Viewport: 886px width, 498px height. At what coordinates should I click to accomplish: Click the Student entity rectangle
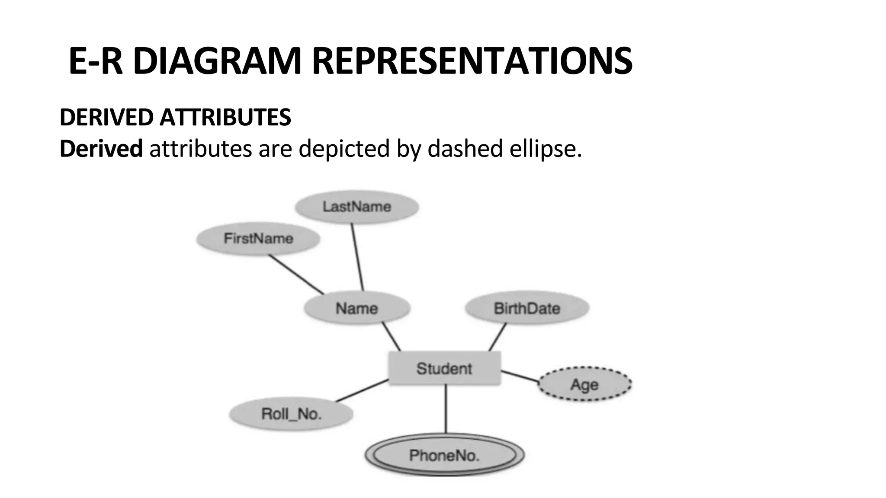click(444, 368)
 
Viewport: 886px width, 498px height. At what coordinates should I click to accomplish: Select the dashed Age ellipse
click(584, 384)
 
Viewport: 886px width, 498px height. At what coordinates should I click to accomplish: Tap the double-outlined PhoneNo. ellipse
click(444, 455)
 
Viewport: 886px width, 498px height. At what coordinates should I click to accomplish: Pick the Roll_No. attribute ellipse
click(291, 414)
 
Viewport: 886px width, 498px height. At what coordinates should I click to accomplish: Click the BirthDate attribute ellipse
click(527, 308)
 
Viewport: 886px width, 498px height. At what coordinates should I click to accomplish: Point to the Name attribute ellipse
click(357, 308)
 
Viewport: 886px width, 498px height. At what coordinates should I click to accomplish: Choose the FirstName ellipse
click(258, 238)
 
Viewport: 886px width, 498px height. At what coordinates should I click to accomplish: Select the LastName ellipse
click(357, 207)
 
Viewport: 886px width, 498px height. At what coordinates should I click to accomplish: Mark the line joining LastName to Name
click(357, 257)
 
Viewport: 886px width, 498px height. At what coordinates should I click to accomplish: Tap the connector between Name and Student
click(391, 336)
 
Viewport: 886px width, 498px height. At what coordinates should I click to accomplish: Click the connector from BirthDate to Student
click(498, 337)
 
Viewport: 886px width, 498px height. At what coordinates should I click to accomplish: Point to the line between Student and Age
click(520, 376)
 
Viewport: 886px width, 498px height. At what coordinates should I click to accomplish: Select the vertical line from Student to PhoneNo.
click(446, 409)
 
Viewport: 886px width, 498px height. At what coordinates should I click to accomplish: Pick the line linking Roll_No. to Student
click(362, 390)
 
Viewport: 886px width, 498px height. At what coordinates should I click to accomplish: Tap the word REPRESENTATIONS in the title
click(472, 61)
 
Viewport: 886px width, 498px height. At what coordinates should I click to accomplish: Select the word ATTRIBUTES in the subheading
click(225, 117)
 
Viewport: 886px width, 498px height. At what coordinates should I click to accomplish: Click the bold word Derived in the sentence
click(101, 149)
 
